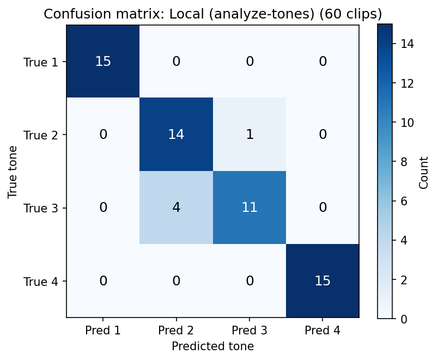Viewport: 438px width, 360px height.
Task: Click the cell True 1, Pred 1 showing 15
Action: click(x=103, y=62)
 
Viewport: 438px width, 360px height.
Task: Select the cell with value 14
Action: click(x=176, y=135)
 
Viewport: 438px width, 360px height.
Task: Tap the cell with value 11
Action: click(x=250, y=208)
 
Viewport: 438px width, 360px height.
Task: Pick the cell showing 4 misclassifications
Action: click(x=176, y=208)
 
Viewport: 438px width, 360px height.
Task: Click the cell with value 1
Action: click(x=250, y=135)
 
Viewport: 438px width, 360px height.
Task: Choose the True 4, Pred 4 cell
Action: click(x=323, y=281)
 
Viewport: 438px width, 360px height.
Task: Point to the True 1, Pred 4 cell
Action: click(x=323, y=62)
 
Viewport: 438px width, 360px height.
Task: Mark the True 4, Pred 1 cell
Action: click(x=103, y=281)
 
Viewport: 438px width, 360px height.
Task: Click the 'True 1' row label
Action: click(x=40, y=62)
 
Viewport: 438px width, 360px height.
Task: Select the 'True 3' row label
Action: click(x=40, y=208)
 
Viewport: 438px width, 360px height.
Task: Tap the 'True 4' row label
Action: click(x=40, y=282)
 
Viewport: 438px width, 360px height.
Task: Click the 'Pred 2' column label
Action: click(x=176, y=330)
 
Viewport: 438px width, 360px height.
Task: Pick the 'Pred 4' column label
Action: click(x=323, y=330)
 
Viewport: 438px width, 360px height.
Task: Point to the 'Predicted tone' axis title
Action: click(x=212, y=346)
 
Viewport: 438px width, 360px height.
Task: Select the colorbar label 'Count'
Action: click(x=423, y=172)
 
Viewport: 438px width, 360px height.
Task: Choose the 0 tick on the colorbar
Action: click(x=403, y=319)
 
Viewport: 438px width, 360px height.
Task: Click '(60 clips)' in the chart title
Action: click(x=354, y=13)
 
